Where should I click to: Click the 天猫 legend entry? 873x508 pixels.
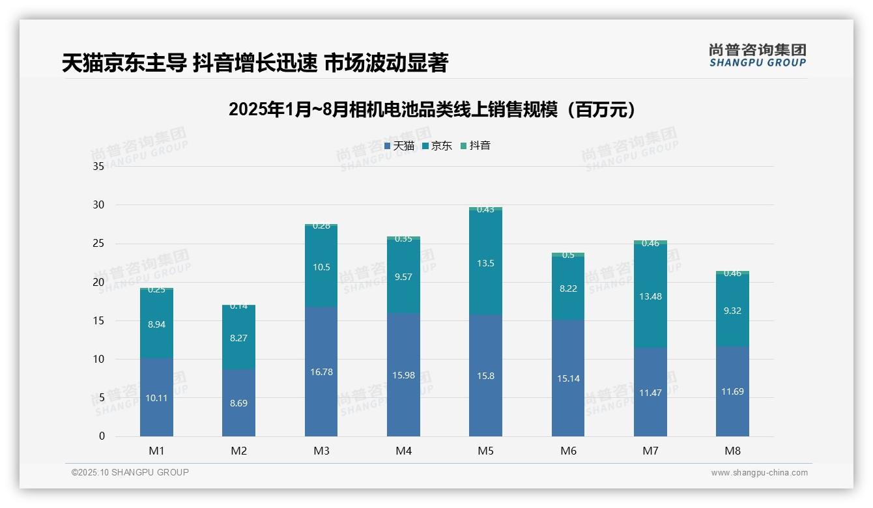pos(399,146)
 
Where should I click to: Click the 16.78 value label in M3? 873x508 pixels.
pos(321,372)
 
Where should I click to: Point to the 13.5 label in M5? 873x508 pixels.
pos(485,263)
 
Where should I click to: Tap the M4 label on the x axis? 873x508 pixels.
pos(403,451)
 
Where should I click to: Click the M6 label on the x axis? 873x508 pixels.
pos(568,451)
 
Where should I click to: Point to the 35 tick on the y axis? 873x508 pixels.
pos(98,167)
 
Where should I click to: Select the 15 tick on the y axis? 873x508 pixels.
pos(98,320)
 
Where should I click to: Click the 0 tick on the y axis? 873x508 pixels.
pos(102,436)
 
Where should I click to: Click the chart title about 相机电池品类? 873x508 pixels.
pos(432,109)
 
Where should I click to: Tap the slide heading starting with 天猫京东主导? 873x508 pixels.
pos(255,63)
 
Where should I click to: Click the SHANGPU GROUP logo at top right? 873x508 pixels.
pos(757,55)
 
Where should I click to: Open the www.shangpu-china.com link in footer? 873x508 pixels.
pos(759,473)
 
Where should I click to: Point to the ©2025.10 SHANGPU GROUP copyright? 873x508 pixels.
pos(130,473)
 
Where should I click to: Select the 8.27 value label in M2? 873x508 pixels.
pos(238,338)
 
